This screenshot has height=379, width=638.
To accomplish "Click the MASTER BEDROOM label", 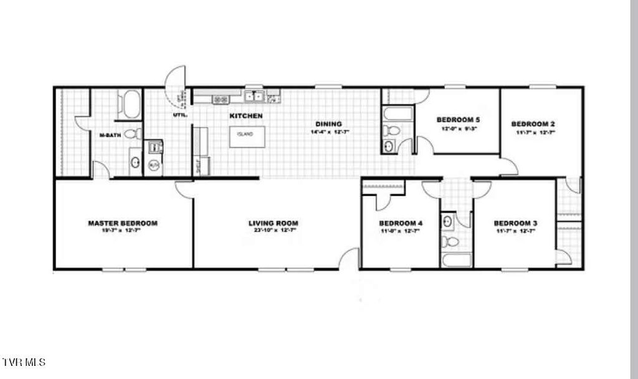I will click(123, 223).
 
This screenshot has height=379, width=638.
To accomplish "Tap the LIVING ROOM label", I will click(273, 223).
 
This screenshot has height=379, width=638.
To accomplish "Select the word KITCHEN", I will click(246, 116).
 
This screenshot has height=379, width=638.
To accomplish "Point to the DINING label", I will click(328, 123).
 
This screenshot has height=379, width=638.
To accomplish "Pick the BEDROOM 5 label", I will click(458, 119).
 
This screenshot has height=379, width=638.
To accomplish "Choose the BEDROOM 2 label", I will click(533, 123).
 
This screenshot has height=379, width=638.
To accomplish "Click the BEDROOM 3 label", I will click(515, 223).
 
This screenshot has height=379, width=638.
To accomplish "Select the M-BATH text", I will click(110, 135).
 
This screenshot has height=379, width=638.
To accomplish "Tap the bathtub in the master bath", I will click(131, 104).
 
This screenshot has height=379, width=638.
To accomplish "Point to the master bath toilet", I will click(132, 133).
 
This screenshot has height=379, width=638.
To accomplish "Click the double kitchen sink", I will click(255, 96).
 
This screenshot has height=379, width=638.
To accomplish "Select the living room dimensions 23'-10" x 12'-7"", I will click(273, 231).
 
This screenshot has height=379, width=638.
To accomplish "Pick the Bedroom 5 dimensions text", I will click(458, 128).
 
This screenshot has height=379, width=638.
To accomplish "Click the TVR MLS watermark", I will click(24, 362).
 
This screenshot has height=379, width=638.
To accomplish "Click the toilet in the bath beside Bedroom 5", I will click(391, 131).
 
